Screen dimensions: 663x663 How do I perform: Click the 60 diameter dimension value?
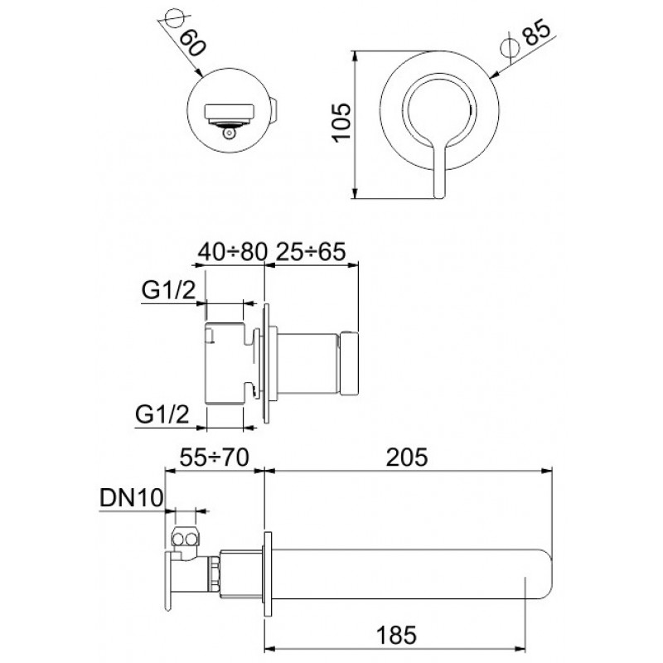click(x=192, y=43)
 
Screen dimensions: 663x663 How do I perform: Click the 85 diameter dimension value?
click(x=538, y=31)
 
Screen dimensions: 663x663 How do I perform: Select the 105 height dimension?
click(x=341, y=123)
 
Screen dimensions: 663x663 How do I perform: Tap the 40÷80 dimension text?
click(x=233, y=252)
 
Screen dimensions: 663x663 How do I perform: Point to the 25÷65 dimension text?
click(x=311, y=252)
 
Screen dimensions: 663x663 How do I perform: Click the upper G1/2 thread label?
click(x=169, y=290)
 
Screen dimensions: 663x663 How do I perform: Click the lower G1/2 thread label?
click(x=162, y=414)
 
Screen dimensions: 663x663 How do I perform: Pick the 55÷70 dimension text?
click(x=215, y=457)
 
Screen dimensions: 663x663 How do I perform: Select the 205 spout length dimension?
click(x=407, y=457)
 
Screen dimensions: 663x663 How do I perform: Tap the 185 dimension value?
click(x=396, y=636)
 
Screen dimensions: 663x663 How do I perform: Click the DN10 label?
click(x=131, y=498)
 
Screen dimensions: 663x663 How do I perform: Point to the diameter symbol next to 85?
click(x=510, y=46)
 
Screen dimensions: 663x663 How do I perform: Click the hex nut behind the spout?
click(x=215, y=573)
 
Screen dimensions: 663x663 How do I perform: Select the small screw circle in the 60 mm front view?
click(x=230, y=133)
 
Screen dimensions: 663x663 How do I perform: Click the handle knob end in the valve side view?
click(x=349, y=364)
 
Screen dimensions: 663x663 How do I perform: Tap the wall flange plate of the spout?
click(x=267, y=573)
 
